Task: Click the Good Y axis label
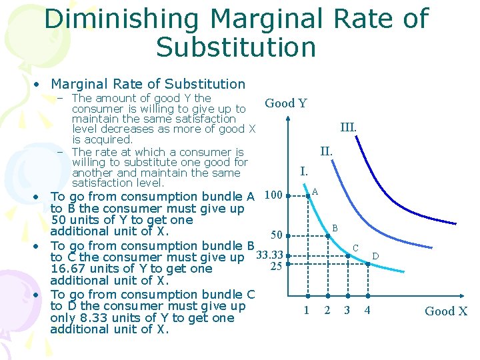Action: click(x=285, y=103)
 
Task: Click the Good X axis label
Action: click(x=446, y=311)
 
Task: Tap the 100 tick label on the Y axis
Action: click(x=273, y=195)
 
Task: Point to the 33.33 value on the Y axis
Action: click(x=270, y=255)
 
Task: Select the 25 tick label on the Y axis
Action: click(x=277, y=267)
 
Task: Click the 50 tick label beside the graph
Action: click(x=276, y=235)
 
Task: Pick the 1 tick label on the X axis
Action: click(x=307, y=310)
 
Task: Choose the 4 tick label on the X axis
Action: click(x=367, y=310)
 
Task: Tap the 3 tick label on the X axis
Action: click(x=347, y=310)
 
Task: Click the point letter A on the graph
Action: click(x=315, y=192)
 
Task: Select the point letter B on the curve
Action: click(x=335, y=229)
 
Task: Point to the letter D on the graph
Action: click(x=375, y=256)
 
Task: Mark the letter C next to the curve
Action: click(x=355, y=248)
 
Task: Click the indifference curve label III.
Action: click(x=348, y=127)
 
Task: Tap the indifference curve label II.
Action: click(x=326, y=151)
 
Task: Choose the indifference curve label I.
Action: click(x=304, y=171)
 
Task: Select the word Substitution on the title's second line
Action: click(x=236, y=47)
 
